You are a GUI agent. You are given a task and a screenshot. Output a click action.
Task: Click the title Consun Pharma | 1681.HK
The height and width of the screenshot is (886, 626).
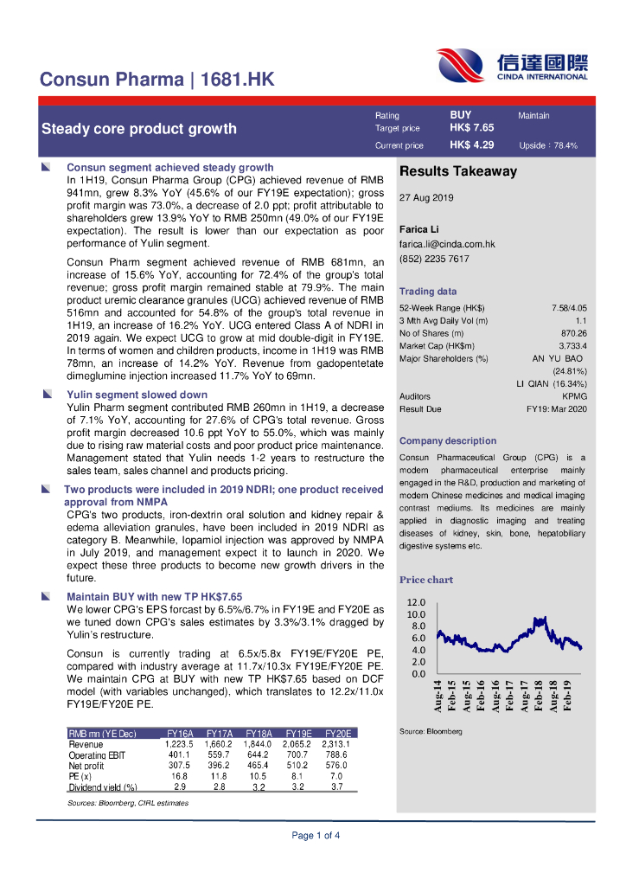click(157, 80)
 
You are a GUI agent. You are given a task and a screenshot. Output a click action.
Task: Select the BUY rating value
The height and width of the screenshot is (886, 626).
click(460, 114)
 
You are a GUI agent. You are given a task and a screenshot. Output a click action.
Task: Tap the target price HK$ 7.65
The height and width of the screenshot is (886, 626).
click(471, 127)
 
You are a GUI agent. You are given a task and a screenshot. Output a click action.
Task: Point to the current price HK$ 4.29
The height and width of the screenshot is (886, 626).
click(471, 145)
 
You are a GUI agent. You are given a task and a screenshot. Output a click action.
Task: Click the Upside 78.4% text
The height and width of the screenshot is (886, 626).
click(548, 146)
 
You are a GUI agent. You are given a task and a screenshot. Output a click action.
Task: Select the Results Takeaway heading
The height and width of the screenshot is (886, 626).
click(457, 171)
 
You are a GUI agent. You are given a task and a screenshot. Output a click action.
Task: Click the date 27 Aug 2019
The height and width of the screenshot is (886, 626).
click(426, 198)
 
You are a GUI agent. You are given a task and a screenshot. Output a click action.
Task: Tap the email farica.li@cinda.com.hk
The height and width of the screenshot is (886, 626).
click(446, 245)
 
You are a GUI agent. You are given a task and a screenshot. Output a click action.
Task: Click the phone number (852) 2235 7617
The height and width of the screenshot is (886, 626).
click(434, 259)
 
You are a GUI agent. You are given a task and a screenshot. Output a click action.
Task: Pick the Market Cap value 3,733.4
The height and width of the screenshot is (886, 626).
click(572, 345)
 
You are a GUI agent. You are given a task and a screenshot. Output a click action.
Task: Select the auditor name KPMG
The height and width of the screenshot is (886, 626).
click(574, 396)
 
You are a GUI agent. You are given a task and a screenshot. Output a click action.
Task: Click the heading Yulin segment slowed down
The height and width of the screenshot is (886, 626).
click(137, 395)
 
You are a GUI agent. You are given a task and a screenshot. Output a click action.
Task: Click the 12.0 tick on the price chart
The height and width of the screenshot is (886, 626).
click(417, 602)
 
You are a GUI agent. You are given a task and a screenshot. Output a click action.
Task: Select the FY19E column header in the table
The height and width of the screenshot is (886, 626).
click(298, 733)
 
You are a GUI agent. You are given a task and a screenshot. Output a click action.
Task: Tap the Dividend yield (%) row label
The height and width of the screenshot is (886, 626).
click(103, 787)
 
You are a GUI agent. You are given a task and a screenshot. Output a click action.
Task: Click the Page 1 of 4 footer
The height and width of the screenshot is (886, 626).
click(316, 835)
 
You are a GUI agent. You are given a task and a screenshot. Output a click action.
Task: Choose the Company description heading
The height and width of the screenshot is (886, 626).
click(447, 440)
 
